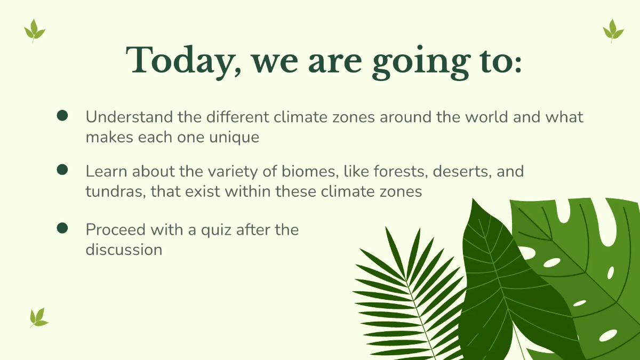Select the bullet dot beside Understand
pos(62,116)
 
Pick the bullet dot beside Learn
pos(62,170)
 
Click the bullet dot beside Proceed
pos(62,228)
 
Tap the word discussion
pos(124,249)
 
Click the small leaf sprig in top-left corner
pos(35,30)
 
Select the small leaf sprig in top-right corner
pos(613,30)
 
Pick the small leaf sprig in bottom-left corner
pos(38,317)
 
